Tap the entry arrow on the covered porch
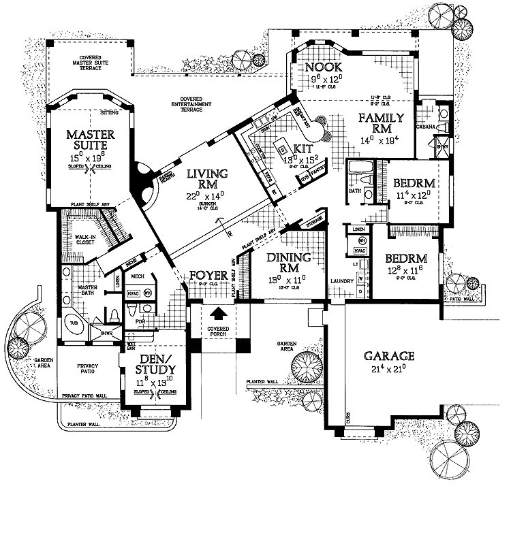[x=219, y=314]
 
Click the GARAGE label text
[x=389, y=356]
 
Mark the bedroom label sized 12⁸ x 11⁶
[x=405, y=259]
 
